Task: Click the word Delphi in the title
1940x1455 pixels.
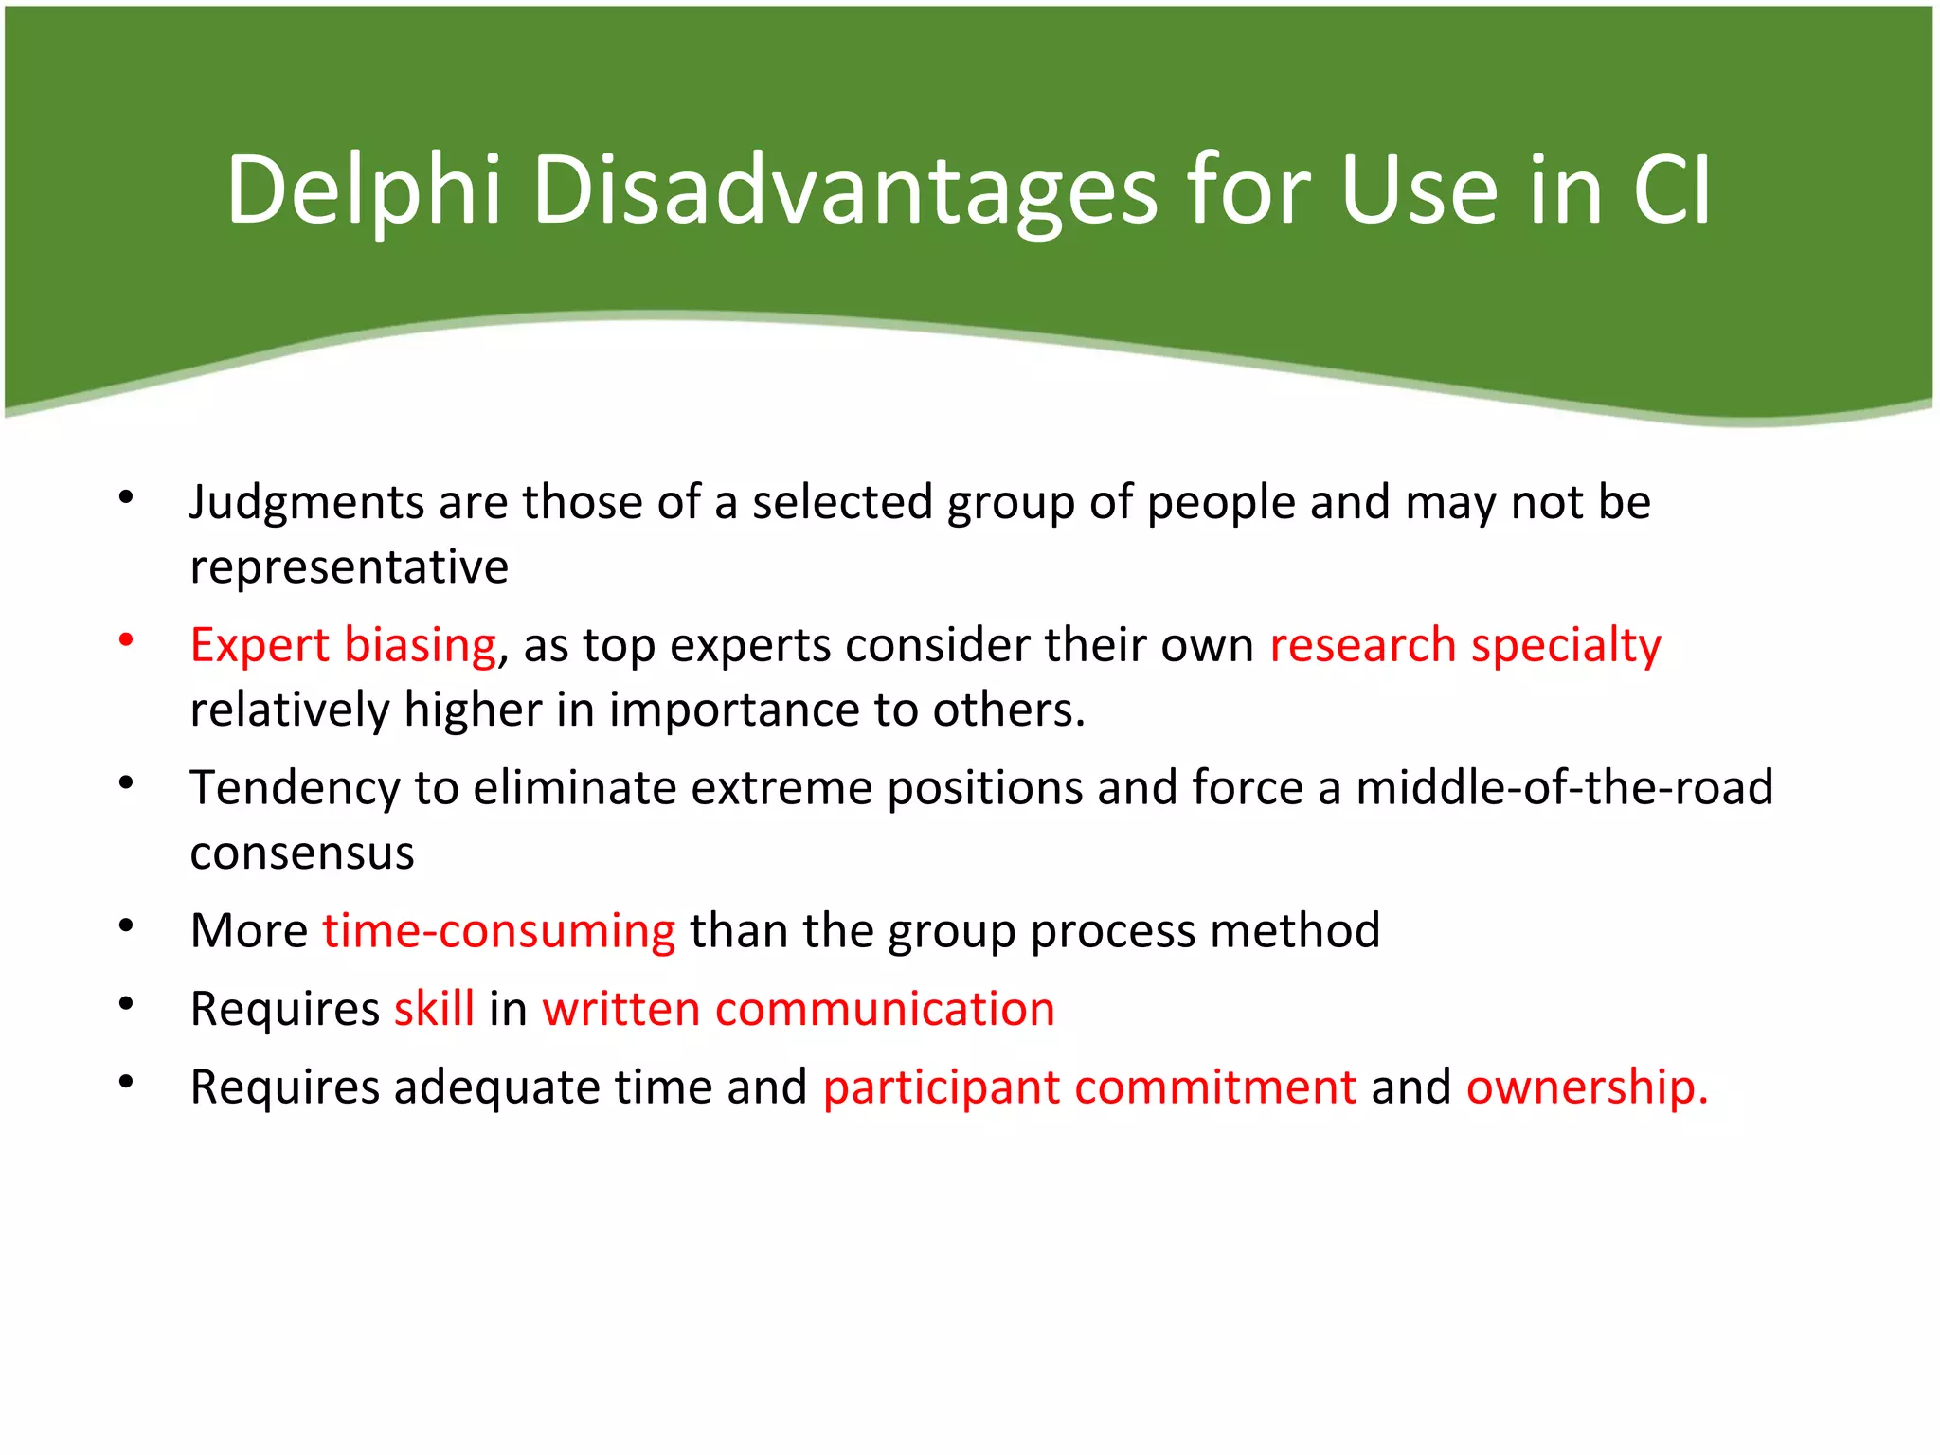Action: coord(363,191)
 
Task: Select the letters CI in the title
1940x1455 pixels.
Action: coord(1672,191)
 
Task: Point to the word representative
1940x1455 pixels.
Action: coord(349,567)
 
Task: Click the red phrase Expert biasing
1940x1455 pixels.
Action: coord(343,645)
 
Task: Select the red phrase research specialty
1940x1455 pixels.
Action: coord(1464,645)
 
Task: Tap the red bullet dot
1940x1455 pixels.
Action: coord(126,640)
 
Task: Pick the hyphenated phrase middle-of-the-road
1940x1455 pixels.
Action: coord(1564,788)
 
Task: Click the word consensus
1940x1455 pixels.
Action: coord(302,853)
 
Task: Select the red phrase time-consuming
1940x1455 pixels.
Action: coord(498,931)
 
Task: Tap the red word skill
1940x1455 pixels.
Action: coord(434,1009)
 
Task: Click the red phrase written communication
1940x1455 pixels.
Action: coord(798,1009)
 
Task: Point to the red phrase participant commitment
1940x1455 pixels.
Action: coord(1089,1087)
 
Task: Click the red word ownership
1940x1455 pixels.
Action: coord(1586,1087)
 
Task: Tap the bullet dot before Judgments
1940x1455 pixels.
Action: coord(126,497)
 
